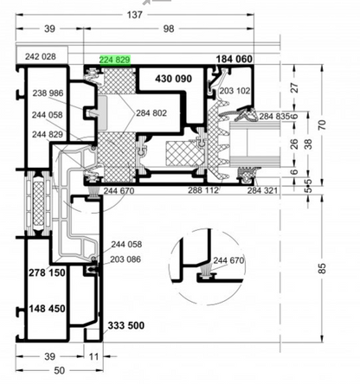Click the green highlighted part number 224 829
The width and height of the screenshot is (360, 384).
pos(115,60)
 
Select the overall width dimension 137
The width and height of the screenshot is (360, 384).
pos(135,15)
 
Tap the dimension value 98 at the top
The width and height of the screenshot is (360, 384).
pos(169,29)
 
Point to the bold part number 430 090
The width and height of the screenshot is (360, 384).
pos(173,79)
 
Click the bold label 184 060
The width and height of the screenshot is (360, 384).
pos(235,59)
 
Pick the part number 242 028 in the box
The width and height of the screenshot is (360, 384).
pos(41,56)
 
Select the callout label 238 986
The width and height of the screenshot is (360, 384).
pos(48,93)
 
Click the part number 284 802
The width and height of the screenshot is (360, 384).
pos(151,113)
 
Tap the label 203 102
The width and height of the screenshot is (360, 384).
pos(235,91)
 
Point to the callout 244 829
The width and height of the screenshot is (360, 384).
pos(48,134)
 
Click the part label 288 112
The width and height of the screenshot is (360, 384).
pos(203,190)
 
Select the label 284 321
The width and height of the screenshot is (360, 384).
pos(262,190)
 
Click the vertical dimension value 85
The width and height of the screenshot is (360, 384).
pos(323,268)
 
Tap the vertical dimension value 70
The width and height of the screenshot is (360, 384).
pos(323,125)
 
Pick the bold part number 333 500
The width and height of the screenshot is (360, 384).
pos(126,325)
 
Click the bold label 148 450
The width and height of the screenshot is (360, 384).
pos(47,309)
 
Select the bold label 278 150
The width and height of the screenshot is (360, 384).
pos(47,272)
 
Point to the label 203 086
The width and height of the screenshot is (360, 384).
pos(125,259)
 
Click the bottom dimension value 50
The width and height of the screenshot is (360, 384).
pos(60,370)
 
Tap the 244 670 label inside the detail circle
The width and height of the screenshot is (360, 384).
pos(228,260)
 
